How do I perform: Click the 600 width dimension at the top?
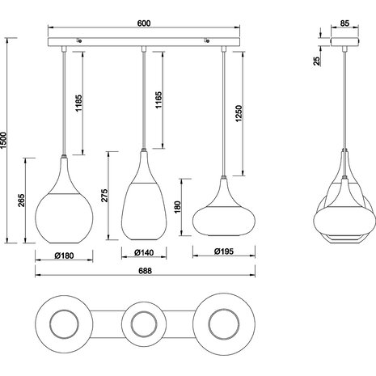pyautogui.click(x=143, y=24)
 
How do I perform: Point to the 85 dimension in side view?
pyautogui.click(x=345, y=24)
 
